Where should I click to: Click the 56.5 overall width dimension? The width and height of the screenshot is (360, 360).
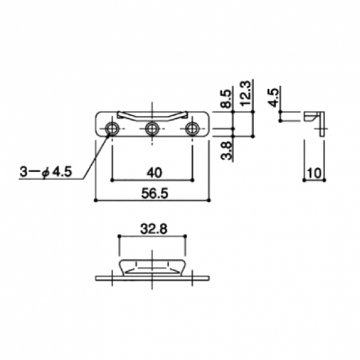click(155, 193)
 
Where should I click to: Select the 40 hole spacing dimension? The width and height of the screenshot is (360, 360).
click(154, 173)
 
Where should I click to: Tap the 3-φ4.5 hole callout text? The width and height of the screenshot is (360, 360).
click(46, 172)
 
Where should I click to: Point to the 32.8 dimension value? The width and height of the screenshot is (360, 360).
click(154, 229)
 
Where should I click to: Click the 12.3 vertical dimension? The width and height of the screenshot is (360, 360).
click(246, 93)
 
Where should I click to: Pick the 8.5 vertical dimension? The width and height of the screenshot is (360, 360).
click(226, 99)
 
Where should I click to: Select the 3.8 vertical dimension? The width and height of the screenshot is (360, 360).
click(226, 151)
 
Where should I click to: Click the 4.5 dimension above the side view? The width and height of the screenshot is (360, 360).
click(274, 98)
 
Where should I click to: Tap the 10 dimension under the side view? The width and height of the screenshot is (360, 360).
click(314, 173)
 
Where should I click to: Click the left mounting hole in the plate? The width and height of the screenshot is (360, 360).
click(112, 128)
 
